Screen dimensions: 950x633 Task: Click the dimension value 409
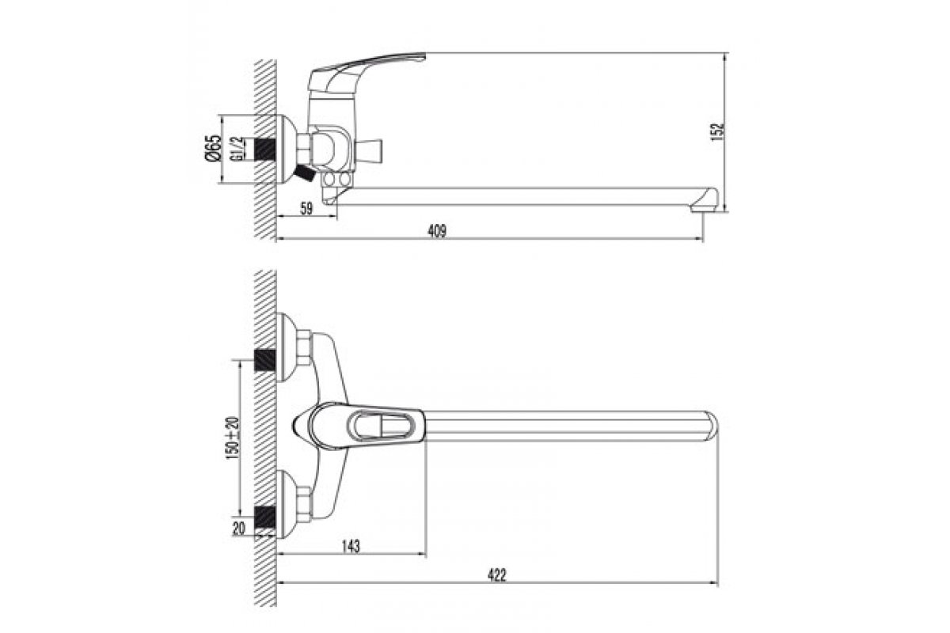click(437, 231)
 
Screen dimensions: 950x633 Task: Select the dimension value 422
click(496, 575)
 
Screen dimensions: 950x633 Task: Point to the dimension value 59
click(306, 209)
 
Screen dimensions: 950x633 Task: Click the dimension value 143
click(351, 546)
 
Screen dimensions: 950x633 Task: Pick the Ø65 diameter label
click(213, 147)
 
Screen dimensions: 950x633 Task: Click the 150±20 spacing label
click(232, 438)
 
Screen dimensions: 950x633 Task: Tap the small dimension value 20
click(239, 529)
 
